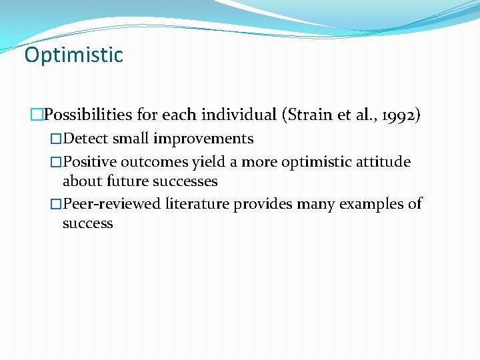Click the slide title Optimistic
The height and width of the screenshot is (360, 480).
tap(73, 55)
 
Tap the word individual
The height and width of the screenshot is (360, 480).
tap(238, 114)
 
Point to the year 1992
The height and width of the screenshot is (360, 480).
tap(397, 114)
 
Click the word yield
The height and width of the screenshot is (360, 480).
tap(209, 162)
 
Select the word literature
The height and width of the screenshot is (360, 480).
tap(196, 203)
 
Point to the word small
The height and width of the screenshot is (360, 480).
tap(131, 139)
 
